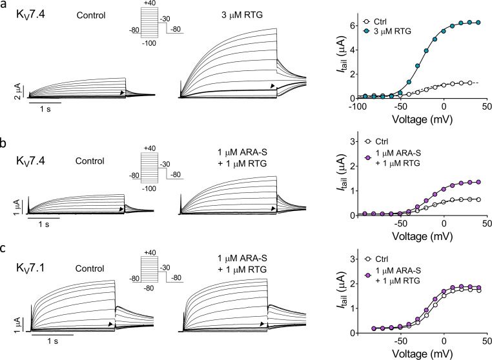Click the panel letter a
click(4, 6)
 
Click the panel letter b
click(4, 144)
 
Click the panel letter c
click(3, 249)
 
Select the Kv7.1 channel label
click(30, 269)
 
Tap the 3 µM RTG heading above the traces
click(242, 15)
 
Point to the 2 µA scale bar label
click(18, 91)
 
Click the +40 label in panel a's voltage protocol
click(149, 3)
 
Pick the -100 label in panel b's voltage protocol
click(149, 188)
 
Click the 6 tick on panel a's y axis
click(353, 25)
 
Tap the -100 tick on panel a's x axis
click(357, 106)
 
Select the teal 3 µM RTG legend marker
click(366, 32)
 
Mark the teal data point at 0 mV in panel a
click(444, 32)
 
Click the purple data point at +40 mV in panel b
click(478, 182)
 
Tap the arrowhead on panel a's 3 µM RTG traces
click(272, 86)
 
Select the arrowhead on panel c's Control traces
click(110, 325)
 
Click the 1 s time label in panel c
click(53, 341)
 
